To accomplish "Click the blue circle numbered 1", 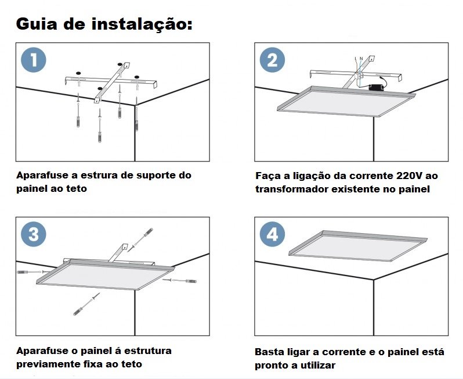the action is coord(34,60).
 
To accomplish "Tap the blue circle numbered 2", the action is coord(272,60).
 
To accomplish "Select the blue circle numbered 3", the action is coord(34,234).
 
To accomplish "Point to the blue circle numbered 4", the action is coord(272,234).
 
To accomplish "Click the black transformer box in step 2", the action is coord(376,87).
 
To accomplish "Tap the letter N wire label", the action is coord(361,59).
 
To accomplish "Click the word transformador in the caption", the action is coord(291,189).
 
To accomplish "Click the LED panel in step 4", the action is coord(358,245).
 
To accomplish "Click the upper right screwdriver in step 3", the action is coord(140,239).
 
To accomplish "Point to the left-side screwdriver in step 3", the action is coord(33,271).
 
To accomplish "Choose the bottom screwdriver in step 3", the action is coord(86,304).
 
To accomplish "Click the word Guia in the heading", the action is coord(37,24).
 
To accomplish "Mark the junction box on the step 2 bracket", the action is coord(359,76).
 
